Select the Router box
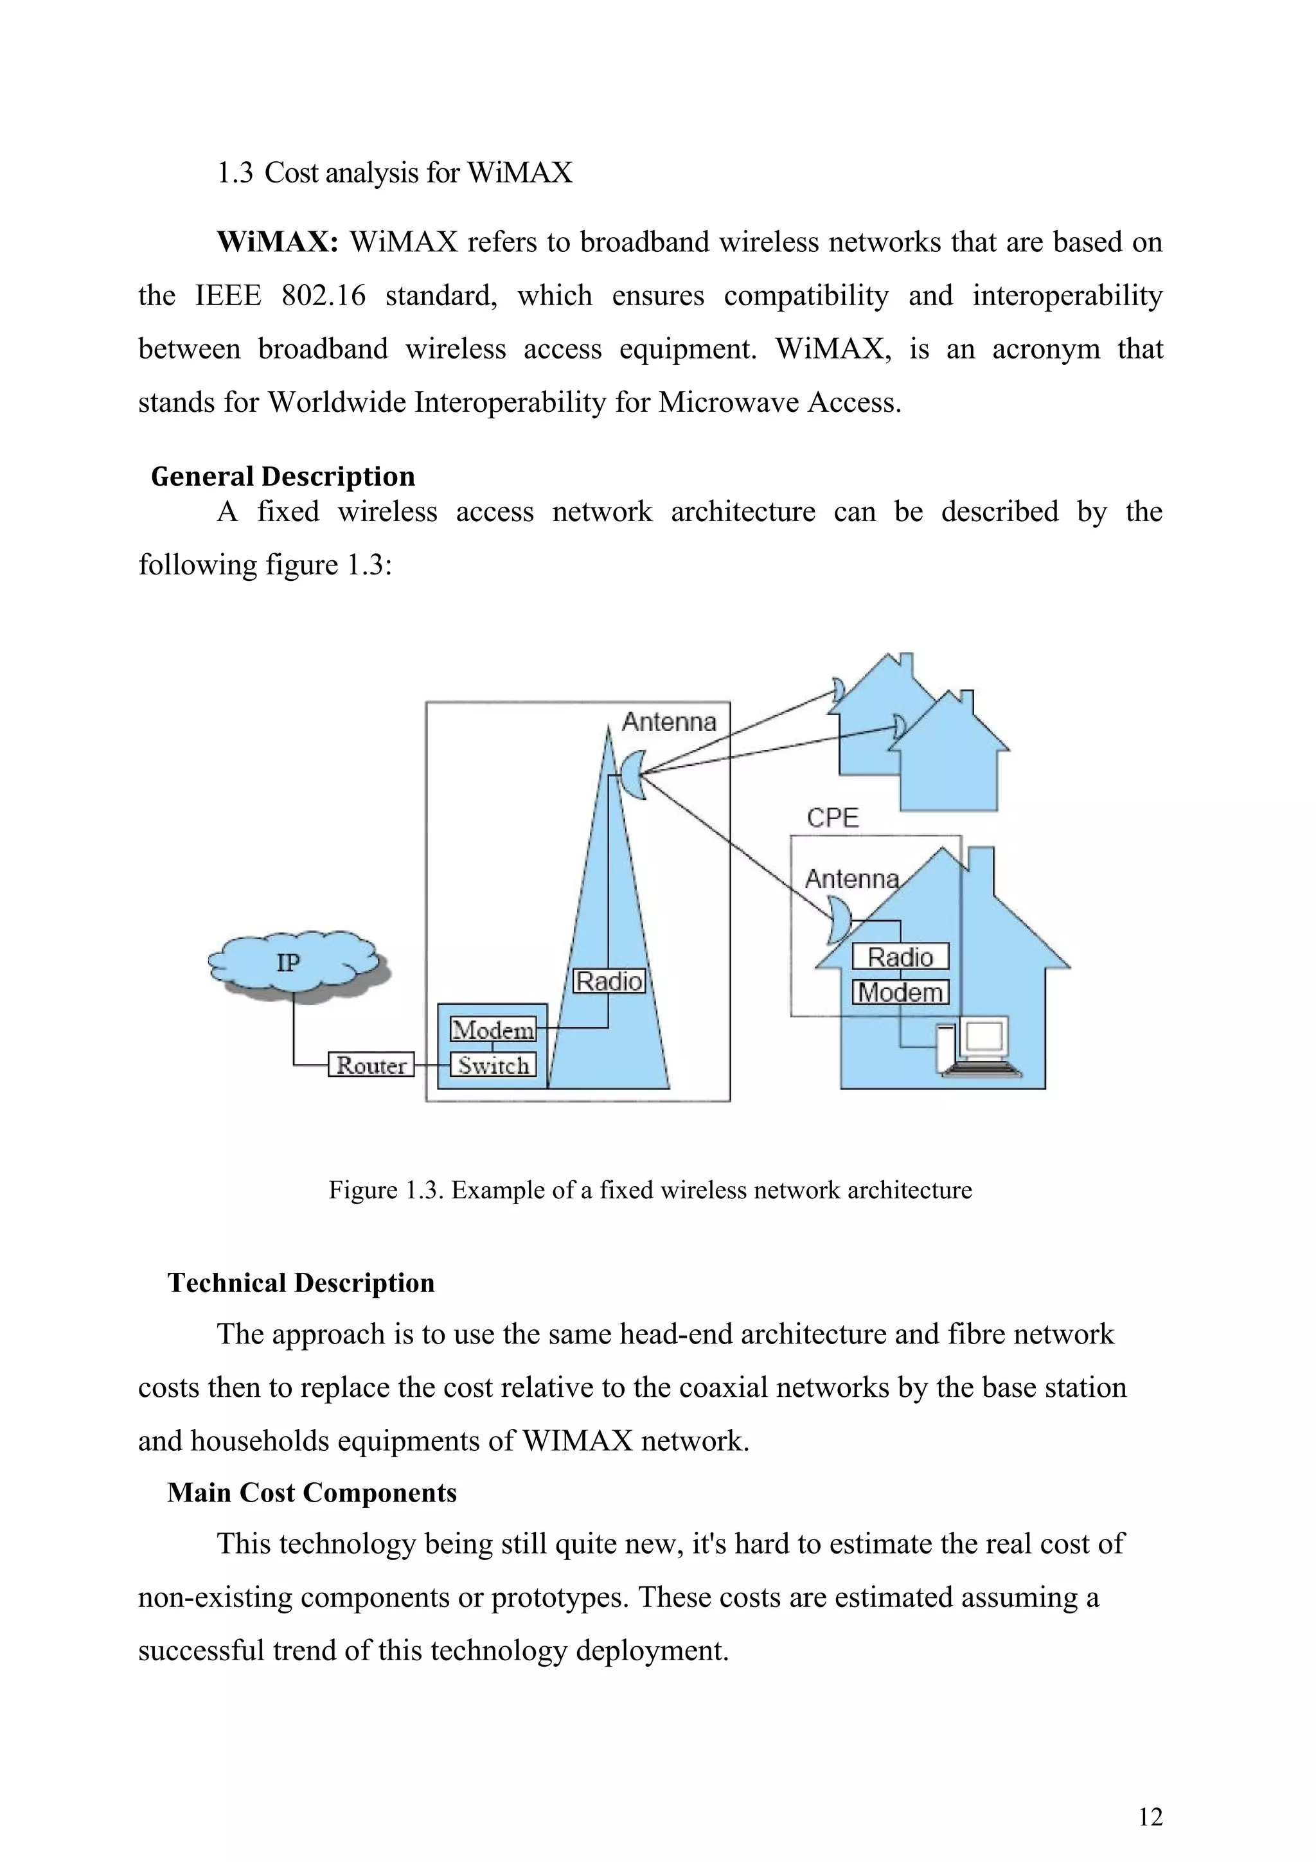click(371, 1064)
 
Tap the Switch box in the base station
click(493, 1065)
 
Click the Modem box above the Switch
click(493, 1029)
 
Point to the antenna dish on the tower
click(635, 774)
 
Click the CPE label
click(832, 817)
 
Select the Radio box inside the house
click(900, 957)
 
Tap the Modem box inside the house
click(900, 993)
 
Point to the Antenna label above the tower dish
click(669, 722)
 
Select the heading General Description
click(283, 476)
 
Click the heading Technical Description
click(301, 1282)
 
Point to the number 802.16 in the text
click(323, 295)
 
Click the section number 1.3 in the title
click(235, 173)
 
